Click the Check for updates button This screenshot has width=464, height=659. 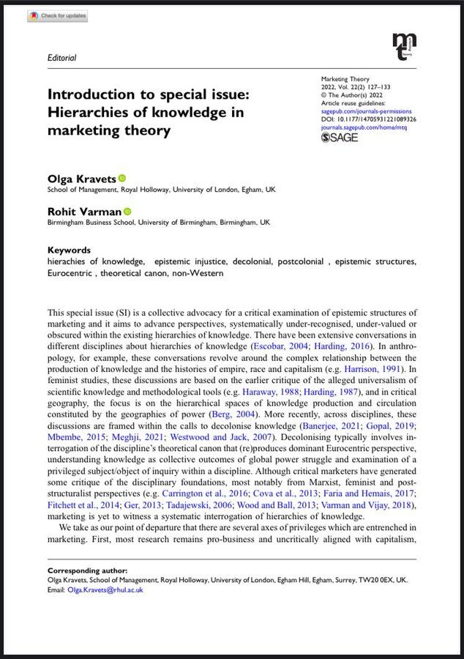click(57, 15)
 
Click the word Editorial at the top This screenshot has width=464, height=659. click(61, 58)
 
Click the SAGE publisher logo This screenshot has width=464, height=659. click(340, 137)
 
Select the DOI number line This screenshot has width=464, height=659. click(369, 119)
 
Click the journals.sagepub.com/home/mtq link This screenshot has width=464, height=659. click(364, 127)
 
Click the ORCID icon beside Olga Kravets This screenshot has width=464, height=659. click(122, 178)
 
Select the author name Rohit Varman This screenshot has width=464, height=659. click(83, 212)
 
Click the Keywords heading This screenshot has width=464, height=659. click(69, 250)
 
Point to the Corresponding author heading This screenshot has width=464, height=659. click(87, 570)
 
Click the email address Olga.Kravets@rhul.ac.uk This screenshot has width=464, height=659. click(105, 589)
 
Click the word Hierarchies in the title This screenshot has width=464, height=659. click(92, 113)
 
